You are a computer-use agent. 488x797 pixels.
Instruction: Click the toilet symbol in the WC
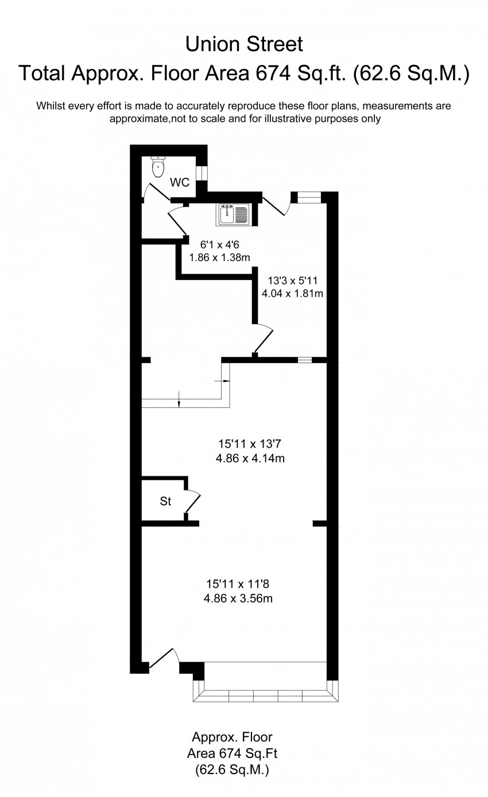point(157,166)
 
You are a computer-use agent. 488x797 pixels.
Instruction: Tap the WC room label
point(180,182)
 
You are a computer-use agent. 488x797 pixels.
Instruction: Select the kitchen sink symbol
point(233,215)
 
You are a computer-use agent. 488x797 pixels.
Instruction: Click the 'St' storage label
point(165,501)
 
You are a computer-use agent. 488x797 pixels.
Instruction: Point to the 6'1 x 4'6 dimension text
point(220,245)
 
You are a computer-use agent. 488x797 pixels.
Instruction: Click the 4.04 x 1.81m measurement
point(292,294)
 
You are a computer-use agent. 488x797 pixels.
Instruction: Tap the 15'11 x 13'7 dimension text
point(250,444)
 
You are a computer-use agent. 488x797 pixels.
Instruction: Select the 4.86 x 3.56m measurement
point(238,598)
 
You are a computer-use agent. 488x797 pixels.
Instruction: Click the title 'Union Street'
point(244,45)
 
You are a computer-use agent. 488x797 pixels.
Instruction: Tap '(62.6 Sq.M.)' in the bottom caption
point(232,770)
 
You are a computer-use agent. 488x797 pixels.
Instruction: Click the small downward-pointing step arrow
point(179,399)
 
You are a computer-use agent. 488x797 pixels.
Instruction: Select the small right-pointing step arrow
point(222,380)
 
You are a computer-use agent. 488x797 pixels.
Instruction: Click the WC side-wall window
point(202,173)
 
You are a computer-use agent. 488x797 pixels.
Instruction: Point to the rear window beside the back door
point(309,197)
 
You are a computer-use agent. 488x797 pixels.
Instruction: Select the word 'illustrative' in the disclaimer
point(287,118)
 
